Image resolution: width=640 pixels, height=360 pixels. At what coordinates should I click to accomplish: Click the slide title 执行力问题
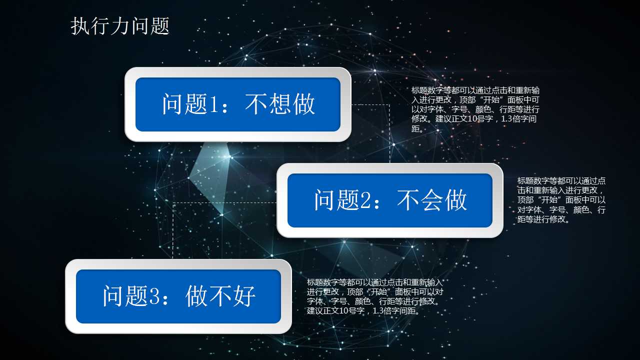click(120, 26)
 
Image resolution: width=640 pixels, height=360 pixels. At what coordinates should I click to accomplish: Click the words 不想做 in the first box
click(280, 104)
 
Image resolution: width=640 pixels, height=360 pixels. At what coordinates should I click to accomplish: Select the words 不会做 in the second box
click(432, 200)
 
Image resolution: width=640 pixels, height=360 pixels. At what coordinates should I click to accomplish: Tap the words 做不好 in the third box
click(220, 296)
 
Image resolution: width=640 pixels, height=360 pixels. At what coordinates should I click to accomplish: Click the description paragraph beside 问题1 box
click(475, 109)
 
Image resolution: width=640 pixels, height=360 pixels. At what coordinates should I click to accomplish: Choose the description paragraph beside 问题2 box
click(561, 200)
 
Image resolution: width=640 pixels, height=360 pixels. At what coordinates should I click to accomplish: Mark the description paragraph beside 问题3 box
click(375, 296)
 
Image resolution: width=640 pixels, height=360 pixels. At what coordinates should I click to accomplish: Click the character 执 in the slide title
click(80, 26)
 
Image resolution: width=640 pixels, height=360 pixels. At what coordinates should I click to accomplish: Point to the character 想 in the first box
click(280, 104)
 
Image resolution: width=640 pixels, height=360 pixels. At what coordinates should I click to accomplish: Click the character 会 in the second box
click(432, 200)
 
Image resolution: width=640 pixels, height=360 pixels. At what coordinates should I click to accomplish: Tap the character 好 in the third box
click(244, 296)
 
